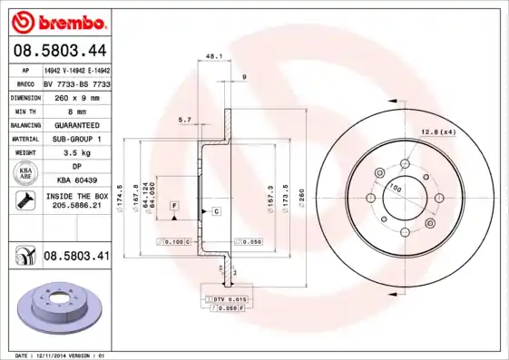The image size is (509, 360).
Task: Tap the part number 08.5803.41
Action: pyautogui.click(x=76, y=257)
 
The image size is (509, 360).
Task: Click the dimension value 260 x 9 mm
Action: pyautogui.click(x=76, y=96)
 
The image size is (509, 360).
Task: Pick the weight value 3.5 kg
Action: pyautogui.click(x=76, y=153)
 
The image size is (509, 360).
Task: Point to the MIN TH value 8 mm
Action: pyautogui.click(x=76, y=110)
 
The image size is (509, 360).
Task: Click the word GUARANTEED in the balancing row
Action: pyautogui.click(x=76, y=124)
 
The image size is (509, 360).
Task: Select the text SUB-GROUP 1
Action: pyautogui.click(x=76, y=139)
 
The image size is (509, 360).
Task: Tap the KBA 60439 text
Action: pyautogui.click(x=76, y=181)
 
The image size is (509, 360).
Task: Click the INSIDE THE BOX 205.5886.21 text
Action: pyautogui.click(x=76, y=200)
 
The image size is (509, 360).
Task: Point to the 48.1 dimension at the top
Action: pyautogui.click(x=214, y=56)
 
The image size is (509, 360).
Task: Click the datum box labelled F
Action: pyautogui.click(x=173, y=207)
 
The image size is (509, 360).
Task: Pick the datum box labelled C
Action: pyautogui.click(x=217, y=211)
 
